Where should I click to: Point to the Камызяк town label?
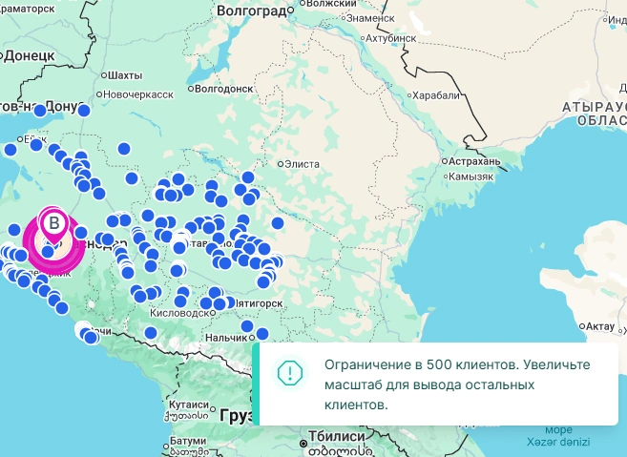(x=470, y=177)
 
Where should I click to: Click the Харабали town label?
(x=435, y=95)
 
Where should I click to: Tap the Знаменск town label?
(x=370, y=18)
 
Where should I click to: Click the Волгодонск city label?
(x=224, y=89)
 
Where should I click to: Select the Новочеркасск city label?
(x=139, y=94)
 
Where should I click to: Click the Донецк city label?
(x=29, y=56)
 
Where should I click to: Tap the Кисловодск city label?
(x=178, y=313)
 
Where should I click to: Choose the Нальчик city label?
(x=225, y=338)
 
